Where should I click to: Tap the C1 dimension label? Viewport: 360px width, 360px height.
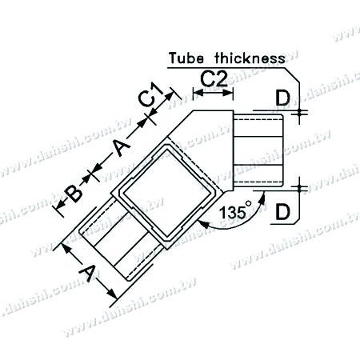tap(146, 99)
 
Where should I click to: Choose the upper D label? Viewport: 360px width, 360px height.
tap(282, 98)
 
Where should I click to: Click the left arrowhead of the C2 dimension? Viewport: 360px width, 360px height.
tap(198, 92)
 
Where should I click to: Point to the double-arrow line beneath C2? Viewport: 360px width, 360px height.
tap(214, 92)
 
